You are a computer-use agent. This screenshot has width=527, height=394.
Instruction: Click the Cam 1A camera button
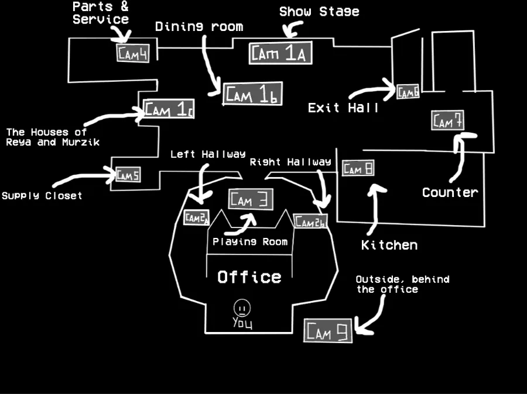point(279,54)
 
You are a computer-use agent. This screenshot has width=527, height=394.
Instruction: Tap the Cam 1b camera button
point(252,94)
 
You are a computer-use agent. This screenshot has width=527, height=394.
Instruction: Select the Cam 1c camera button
point(169,109)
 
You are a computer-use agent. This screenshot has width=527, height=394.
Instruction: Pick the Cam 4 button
point(133,53)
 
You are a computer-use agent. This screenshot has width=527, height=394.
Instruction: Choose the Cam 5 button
point(128,174)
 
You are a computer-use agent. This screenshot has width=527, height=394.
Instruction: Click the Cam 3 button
point(250,199)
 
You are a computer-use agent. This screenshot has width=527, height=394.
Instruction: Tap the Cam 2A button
point(197,218)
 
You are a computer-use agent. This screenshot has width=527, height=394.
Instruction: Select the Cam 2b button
point(310,222)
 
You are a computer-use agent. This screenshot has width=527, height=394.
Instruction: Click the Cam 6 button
point(408,92)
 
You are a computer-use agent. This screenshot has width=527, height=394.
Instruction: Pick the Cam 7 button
point(448,121)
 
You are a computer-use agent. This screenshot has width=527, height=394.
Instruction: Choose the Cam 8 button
point(357,169)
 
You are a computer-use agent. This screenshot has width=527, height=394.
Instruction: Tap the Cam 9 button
point(328,331)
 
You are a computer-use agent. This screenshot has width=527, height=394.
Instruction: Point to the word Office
point(249,277)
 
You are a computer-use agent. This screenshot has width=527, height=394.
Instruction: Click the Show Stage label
point(319,12)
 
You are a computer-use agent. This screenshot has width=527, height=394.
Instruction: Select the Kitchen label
point(389,245)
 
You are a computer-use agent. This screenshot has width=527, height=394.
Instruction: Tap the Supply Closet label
point(42,196)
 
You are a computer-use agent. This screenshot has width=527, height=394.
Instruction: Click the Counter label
point(450,192)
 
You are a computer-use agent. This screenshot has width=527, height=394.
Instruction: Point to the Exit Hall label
point(343,108)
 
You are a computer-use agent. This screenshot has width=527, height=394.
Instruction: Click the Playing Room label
point(250,241)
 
